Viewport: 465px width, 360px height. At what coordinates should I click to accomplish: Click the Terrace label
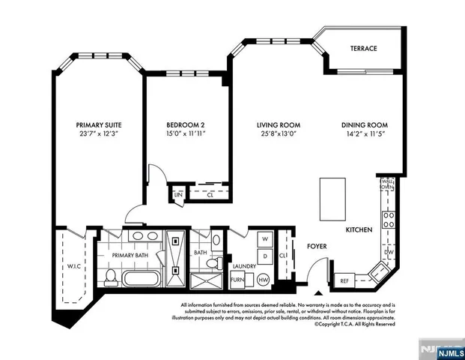pyautogui.click(x=363, y=49)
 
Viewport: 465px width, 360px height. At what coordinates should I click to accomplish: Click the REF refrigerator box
pyautogui.click(x=344, y=280)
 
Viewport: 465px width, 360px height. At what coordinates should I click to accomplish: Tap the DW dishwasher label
pyautogui.click(x=389, y=253)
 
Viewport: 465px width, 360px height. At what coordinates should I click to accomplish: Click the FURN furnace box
pyautogui.click(x=237, y=280)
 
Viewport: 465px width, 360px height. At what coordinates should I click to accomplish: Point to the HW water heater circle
pyautogui.click(x=264, y=280)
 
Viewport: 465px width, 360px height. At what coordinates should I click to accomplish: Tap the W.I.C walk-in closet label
pyautogui.click(x=70, y=263)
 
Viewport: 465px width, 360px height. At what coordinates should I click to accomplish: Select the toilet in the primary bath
pyautogui.click(x=109, y=277)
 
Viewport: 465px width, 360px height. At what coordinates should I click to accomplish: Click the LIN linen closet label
pyautogui.click(x=178, y=195)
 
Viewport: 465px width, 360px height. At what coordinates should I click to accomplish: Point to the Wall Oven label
pyautogui.click(x=389, y=183)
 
